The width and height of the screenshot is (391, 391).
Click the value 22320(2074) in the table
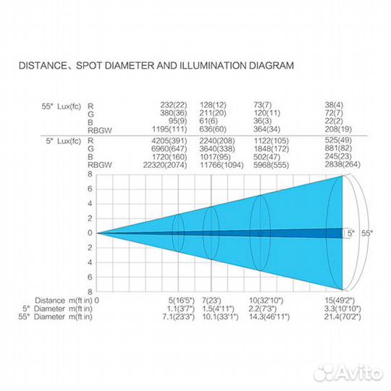(165, 165)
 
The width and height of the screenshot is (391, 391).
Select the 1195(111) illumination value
(169, 129)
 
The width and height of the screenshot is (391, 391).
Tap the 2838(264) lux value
(342, 164)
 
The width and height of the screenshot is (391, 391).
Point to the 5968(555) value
(272, 165)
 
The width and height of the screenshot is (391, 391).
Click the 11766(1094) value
(222, 165)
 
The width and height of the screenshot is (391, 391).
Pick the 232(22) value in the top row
(174, 105)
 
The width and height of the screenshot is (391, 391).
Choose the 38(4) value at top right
(334, 105)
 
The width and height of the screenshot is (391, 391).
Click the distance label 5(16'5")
(182, 300)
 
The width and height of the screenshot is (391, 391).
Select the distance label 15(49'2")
(340, 300)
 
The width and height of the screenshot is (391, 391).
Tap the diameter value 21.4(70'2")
(342, 317)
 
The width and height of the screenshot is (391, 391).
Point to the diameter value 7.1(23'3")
(179, 317)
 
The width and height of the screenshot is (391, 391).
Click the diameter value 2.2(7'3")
(263, 309)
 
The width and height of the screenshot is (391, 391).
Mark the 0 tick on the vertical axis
(90, 233)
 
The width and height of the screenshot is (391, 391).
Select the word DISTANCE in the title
(42, 66)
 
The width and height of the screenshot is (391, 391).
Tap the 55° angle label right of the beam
(367, 233)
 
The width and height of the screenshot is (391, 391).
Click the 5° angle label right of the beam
(351, 233)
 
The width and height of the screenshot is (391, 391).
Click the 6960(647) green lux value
(169, 149)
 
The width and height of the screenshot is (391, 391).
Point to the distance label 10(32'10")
(266, 300)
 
